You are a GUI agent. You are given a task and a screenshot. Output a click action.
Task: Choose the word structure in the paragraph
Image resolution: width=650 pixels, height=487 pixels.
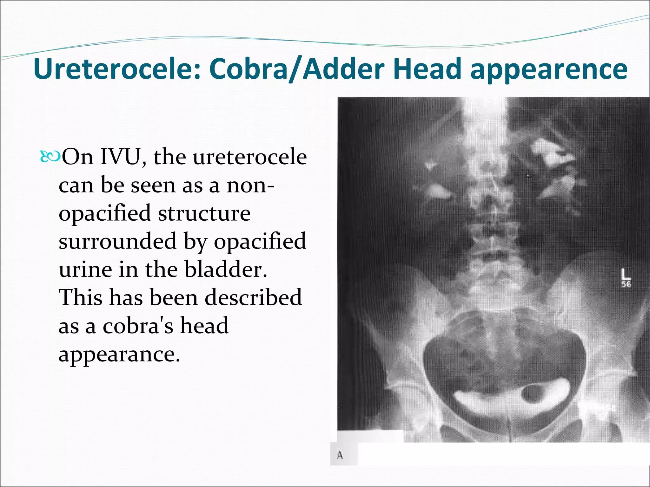click(204, 213)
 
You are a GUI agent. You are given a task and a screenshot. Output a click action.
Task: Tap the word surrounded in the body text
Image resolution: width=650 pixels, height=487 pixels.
click(117, 241)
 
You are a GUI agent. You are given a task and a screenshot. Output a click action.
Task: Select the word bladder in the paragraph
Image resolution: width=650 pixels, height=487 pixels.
click(226, 269)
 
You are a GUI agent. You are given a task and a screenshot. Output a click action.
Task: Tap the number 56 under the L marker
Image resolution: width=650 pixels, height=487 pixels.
click(626, 284)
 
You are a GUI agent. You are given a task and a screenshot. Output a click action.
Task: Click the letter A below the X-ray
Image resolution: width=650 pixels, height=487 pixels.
click(340, 456)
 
